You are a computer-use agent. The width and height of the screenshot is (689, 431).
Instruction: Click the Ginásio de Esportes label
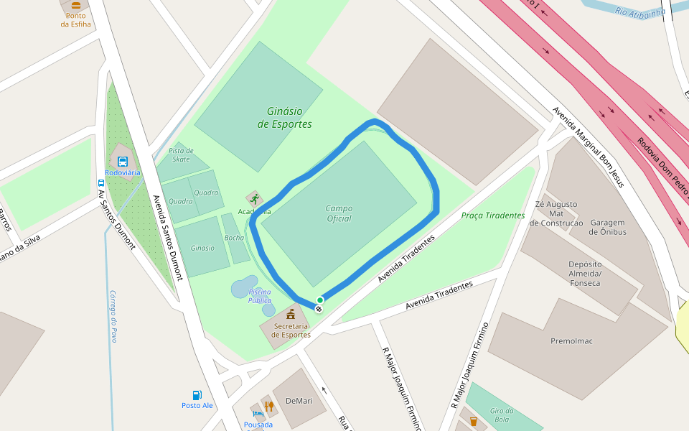coord(284,118)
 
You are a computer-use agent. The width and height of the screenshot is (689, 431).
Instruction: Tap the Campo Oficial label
coord(339,213)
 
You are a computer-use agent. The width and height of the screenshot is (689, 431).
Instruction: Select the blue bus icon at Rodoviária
coord(123,162)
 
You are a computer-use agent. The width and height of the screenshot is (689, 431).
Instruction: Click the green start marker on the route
coord(320,300)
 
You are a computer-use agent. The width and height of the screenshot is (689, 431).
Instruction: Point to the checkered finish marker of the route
coord(318,309)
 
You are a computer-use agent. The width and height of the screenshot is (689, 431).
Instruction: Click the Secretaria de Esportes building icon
coord(291,314)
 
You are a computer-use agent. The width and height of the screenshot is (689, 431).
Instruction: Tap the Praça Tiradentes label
coord(492,215)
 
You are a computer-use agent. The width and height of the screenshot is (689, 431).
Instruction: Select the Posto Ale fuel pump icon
coord(197,395)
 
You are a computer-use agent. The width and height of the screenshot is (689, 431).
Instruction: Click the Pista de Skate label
coord(181,154)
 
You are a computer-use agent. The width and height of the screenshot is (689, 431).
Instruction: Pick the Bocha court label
coord(234,238)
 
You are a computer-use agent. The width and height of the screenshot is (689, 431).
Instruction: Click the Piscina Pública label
coord(260,296)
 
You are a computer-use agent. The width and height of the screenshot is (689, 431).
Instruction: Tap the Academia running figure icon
coord(254,199)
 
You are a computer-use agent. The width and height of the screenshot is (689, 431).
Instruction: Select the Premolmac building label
coord(571,340)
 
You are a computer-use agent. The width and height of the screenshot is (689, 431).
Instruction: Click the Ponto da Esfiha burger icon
coord(76,5)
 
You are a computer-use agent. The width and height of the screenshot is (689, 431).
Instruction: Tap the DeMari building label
coord(299,400)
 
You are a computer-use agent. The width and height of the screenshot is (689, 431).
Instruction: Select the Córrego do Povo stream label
coord(113,316)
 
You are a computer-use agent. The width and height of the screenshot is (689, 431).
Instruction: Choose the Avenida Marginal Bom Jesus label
coord(588,147)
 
